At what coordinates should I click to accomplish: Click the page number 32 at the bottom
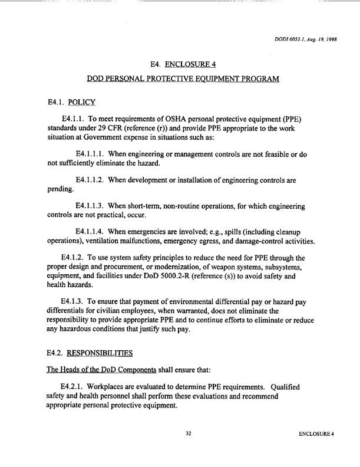point(189,450)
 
